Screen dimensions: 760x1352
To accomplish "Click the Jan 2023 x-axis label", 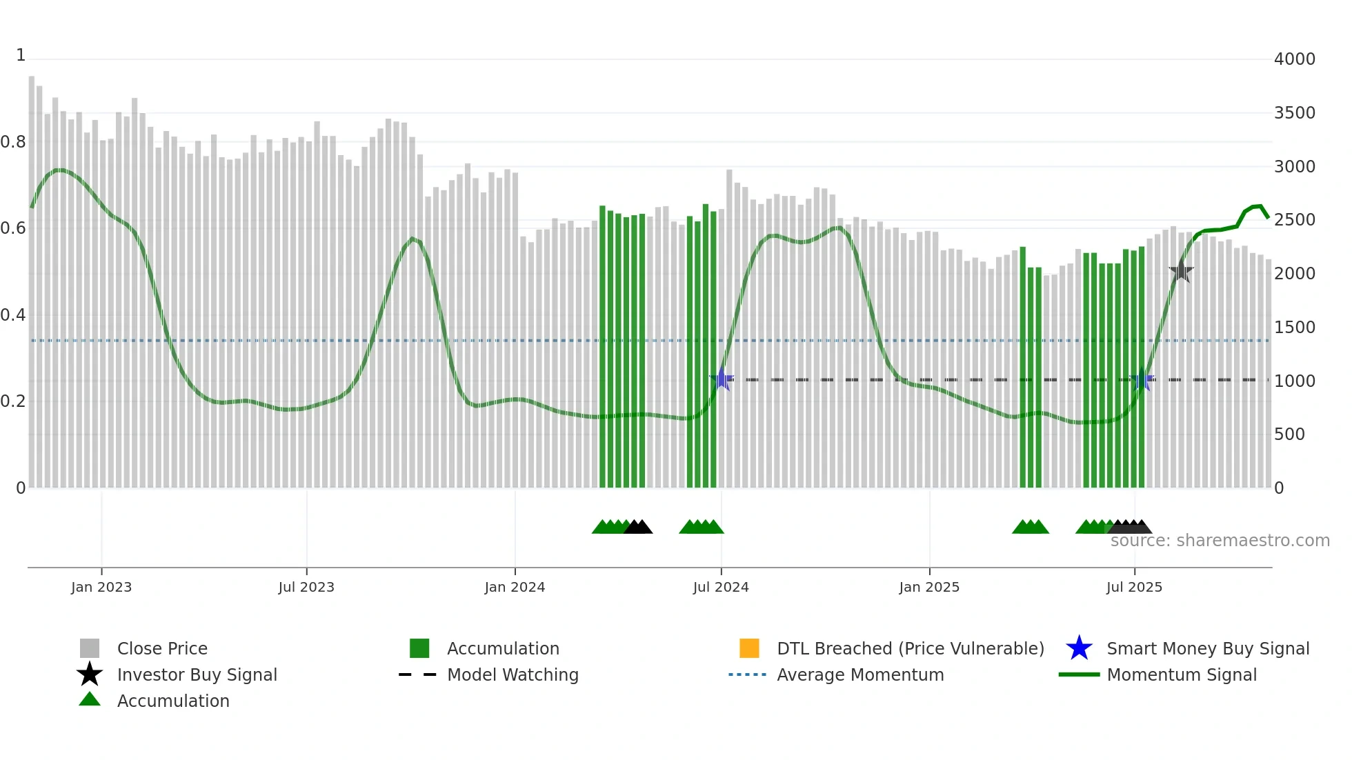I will [x=101, y=587].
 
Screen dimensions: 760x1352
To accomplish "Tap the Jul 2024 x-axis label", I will [x=721, y=587].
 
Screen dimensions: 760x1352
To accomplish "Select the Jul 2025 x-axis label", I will [x=1134, y=587].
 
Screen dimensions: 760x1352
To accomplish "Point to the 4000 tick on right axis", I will [x=1294, y=59].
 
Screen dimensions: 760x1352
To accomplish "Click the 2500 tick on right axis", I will [x=1294, y=220].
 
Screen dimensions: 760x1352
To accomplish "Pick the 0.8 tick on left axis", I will [x=13, y=142].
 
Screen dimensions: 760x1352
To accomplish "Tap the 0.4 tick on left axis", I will [x=13, y=315].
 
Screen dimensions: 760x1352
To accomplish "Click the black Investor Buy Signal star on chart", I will [x=1181, y=271].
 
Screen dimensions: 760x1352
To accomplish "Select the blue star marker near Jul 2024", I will [x=722, y=379].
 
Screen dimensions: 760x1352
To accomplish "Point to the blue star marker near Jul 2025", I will [x=1142, y=379].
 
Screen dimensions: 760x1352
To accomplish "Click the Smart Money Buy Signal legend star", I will [x=1079, y=648].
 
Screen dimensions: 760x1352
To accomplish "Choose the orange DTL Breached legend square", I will [x=749, y=648].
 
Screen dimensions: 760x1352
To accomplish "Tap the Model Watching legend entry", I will [x=512, y=674].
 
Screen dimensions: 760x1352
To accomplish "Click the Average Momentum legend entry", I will [x=859, y=674].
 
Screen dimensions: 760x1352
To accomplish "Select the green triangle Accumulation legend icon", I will [x=90, y=700].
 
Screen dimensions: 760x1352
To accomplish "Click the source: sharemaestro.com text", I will [x=1220, y=541].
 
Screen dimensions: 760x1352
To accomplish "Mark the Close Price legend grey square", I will [x=90, y=648].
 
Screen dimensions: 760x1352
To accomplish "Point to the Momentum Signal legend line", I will [x=1079, y=674].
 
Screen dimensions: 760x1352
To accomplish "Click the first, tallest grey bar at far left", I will [x=32, y=276].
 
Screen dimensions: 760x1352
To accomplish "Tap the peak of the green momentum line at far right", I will [x=1260, y=206].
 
